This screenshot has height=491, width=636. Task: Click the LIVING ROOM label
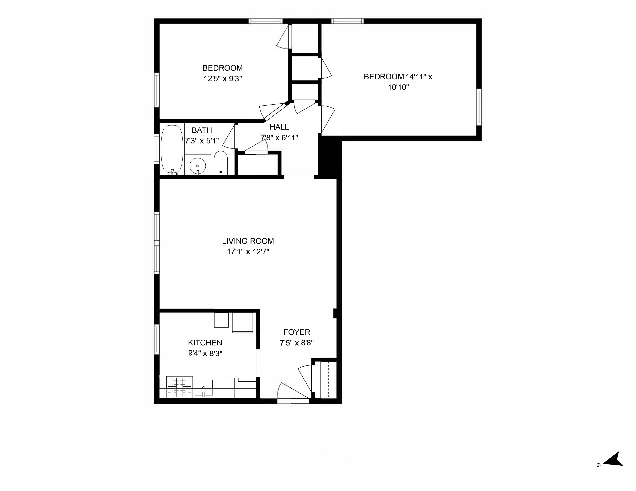coord(248,241)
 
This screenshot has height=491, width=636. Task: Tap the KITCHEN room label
coord(205,343)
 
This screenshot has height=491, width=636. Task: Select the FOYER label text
coord(297,332)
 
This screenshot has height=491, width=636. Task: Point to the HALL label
coord(279,127)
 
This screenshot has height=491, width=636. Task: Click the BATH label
coord(202,130)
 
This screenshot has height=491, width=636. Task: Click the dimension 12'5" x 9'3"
coord(223,79)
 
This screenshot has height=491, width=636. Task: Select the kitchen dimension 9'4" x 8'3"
coord(205,353)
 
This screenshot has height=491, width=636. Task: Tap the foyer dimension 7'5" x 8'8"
coord(297,343)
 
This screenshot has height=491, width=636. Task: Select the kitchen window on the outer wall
coord(157,339)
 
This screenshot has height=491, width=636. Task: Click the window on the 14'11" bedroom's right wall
coord(479,107)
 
